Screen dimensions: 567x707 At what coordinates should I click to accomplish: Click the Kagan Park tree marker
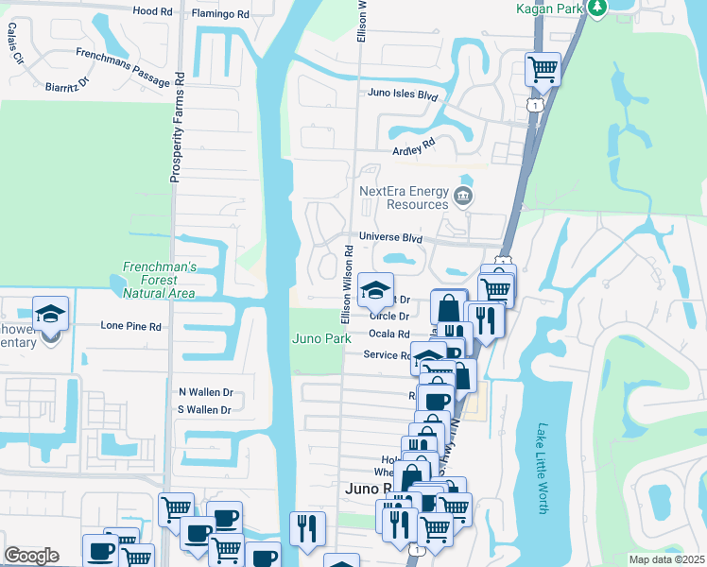coord(596,8)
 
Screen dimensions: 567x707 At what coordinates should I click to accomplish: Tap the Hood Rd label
coord(152,12)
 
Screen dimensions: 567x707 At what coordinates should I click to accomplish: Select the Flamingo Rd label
coord(219,14)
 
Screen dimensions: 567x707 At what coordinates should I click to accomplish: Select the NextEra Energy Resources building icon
coord(463,197)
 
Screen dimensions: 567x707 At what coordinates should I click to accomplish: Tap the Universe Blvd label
coord(389,238)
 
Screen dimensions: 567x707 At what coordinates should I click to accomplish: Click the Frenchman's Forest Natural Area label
coord(159,281)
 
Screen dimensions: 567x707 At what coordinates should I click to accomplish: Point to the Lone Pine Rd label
coord(130,326)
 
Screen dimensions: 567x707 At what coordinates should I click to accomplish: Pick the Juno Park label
coord(321,337)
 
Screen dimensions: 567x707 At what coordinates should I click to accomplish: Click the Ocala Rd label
coord(388,335)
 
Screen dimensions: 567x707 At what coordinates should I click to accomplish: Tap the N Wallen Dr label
coord(205,391)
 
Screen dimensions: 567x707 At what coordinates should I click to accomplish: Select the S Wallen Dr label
coord(205,410)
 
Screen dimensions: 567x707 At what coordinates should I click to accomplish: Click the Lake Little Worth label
coord(543,468)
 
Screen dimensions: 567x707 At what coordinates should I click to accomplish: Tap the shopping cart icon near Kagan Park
coord(543,67)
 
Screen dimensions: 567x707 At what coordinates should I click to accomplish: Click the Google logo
coord(31,556)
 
